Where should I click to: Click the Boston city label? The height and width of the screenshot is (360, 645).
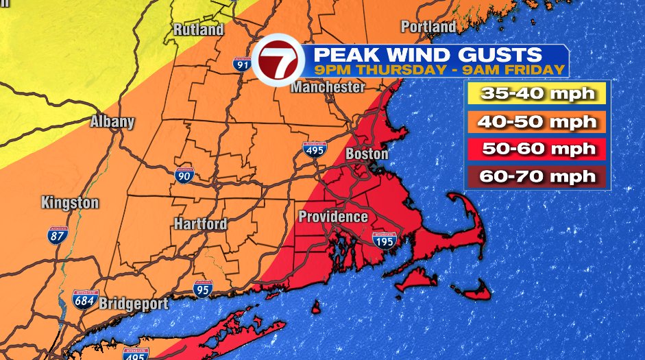(x=367, y=154)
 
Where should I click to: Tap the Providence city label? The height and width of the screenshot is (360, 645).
(x=333, y=217)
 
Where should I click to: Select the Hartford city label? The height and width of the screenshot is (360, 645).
(x=200, y=224)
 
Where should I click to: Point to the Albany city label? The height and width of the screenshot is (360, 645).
(x=112, y=122)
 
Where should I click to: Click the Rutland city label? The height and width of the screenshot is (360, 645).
(x=198, y=29)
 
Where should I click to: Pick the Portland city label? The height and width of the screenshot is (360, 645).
(x=428, y=27)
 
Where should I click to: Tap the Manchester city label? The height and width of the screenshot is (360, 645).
(x=328, y=87)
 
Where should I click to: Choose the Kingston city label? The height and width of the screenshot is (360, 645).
(x=70, y=203)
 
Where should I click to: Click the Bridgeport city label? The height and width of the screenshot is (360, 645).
(x=134, y=303)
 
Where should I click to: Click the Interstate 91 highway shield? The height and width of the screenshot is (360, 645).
(x=241, y=64)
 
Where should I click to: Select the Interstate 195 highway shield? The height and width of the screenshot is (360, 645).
(x=384, y=239)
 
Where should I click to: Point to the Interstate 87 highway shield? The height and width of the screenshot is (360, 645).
(x=58, y=235)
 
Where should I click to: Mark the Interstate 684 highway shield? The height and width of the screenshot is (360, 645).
(x=86, y=299)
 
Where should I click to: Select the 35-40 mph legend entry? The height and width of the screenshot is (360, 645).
(x=537, y=94)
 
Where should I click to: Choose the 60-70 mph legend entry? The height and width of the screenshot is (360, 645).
(x=537, y=176)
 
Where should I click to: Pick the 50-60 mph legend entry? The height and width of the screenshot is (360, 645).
(x=537, y=149)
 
